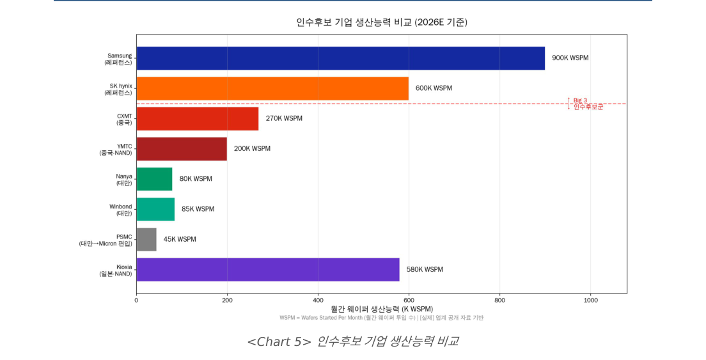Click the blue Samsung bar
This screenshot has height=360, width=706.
click(340, 58)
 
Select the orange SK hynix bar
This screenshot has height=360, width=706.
click(272, 88)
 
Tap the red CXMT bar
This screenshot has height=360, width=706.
click(197, 118)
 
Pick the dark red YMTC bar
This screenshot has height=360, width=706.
click(182, 149)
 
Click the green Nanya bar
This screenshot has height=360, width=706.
click(154, 179)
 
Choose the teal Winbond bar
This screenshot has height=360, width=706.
click(155, 209)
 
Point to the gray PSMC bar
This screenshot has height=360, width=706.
click(146, 239)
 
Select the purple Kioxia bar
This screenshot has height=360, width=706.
click(268, 269)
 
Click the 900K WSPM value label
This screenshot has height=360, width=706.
click(570, 58)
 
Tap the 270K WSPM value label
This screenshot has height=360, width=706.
click(284, 118)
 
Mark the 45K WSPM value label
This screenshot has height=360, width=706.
click(180, 239)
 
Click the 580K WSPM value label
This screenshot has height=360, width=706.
click(425, 269)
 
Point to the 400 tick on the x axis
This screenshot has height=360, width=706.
click(318, 299)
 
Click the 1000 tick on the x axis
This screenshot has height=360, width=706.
click(590, 299)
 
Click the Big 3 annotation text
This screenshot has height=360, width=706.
click(580, 100)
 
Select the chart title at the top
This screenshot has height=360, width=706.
click(381, 22)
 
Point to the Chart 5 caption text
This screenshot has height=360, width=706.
click(352, 341)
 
